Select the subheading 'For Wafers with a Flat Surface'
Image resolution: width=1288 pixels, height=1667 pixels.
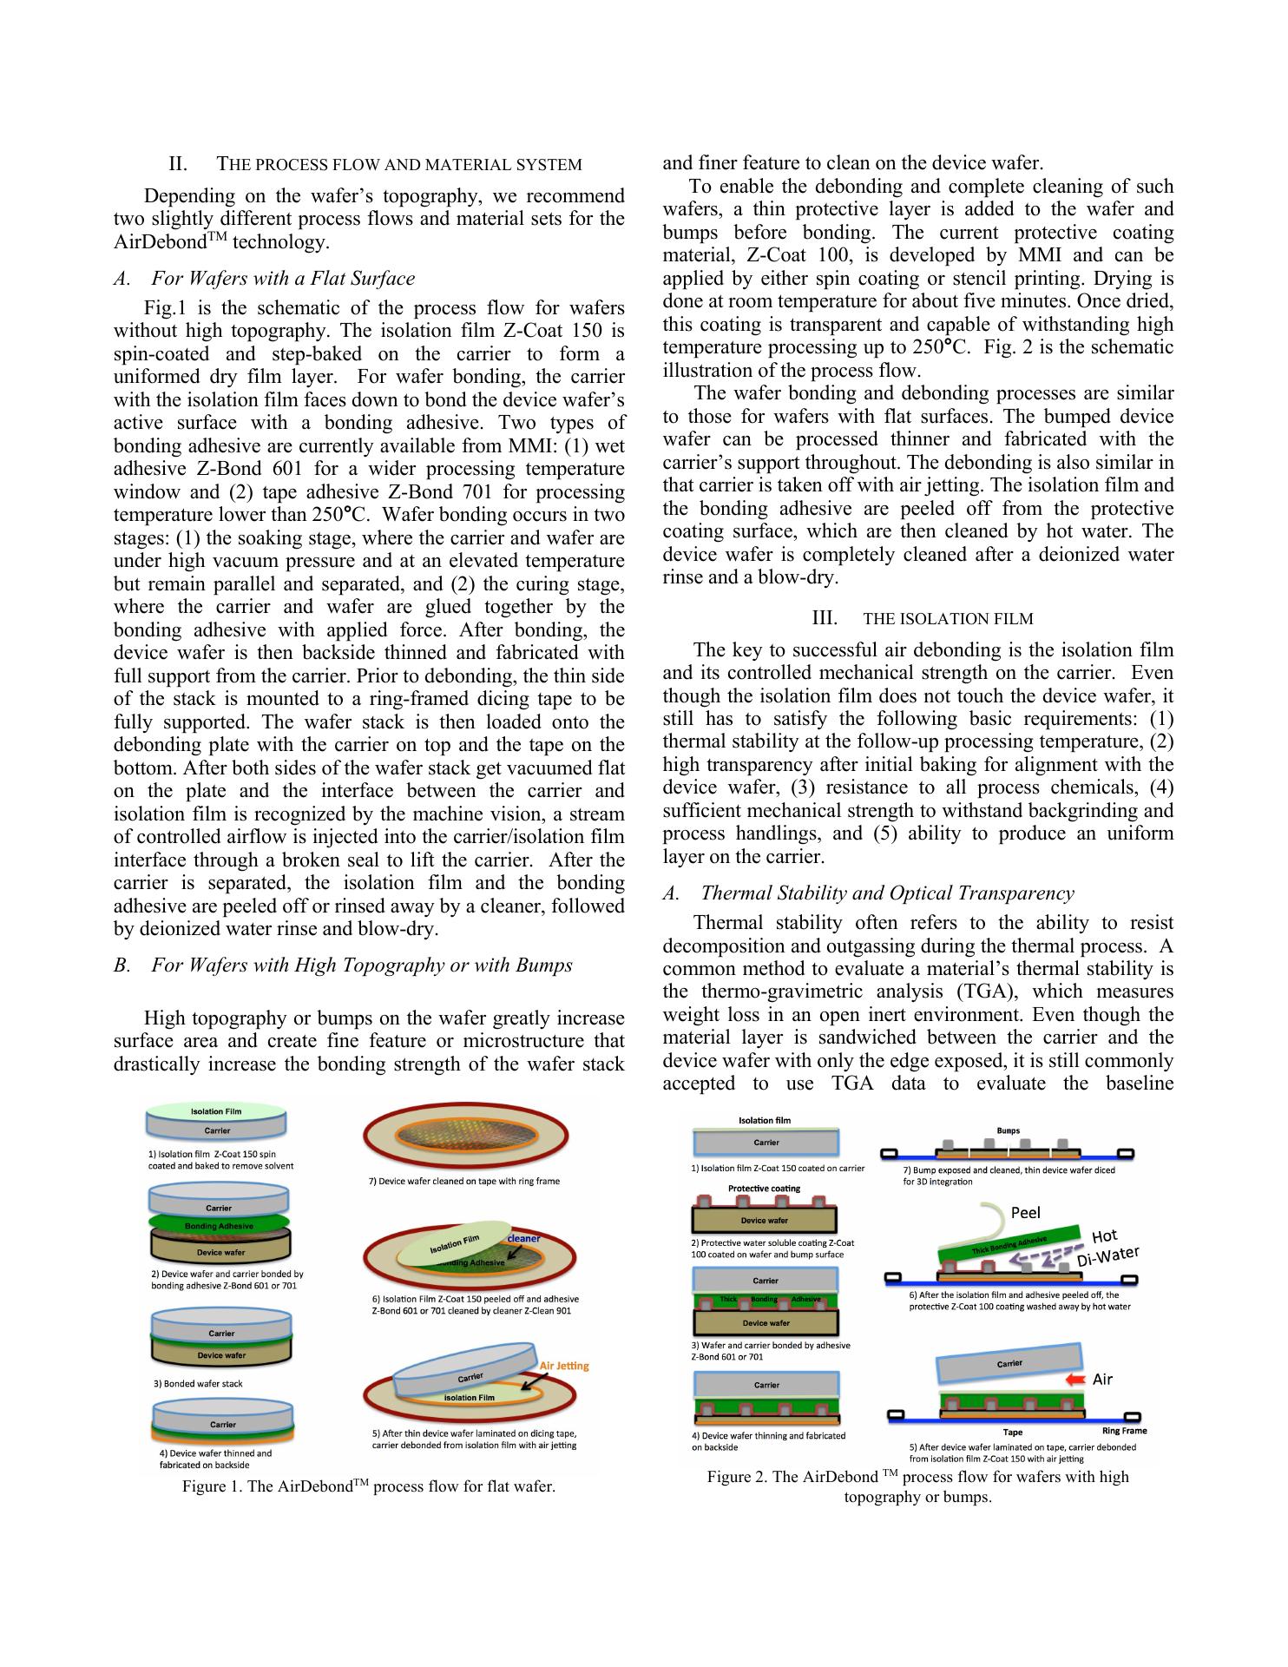(x=283, y=279)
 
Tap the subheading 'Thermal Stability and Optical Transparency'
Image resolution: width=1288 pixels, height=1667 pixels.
(x=887, y=893)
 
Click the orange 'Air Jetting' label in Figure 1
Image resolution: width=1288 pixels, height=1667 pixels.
(x=564, y=1366)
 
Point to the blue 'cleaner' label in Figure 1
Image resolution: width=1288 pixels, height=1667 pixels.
(x=524, y=1238)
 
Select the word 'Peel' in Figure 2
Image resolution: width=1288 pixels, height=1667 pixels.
(x=1025, y=1213)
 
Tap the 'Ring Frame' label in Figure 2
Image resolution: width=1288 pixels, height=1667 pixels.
(x=1124, y=1431)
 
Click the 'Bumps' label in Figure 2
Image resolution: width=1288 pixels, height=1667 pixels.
(x=1008, y=1131)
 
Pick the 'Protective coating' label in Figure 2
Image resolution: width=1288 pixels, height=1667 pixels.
(x=764, y=1188)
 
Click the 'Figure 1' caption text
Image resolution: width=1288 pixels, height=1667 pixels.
(x=368, y=1486)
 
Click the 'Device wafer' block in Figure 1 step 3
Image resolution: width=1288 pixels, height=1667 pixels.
(x=221, y=1355)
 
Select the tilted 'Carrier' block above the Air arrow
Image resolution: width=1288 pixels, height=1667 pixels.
(x=1009, y=1364)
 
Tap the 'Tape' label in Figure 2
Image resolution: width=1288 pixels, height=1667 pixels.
(x=1012, y=1433)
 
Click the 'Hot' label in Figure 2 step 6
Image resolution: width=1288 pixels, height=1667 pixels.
(x=1104, y=1236)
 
